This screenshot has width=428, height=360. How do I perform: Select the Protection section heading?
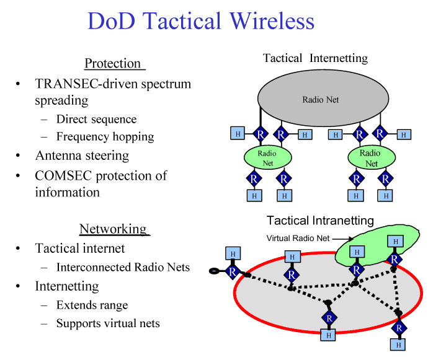pos(113,63)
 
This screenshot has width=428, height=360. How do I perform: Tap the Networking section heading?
pos(113,229)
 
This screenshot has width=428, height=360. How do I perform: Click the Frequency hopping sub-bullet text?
pos(105,137)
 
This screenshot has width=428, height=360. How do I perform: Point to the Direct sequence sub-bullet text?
pos(96,119)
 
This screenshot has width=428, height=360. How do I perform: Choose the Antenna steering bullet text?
pos(82,156)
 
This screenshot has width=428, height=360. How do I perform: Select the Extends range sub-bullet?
pos(92,305)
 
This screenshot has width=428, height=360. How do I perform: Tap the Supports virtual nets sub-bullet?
pos(108,323)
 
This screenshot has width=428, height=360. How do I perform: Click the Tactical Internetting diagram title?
pos(315,58)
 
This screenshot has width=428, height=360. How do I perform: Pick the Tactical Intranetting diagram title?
pos(320,221)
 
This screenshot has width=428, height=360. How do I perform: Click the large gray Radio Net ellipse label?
pos(321,99)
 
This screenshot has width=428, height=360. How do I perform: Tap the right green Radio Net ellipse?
pos(370,157)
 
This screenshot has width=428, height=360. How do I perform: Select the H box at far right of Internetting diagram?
pos(404,134)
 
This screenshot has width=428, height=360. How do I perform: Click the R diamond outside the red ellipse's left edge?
pos(233,271)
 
